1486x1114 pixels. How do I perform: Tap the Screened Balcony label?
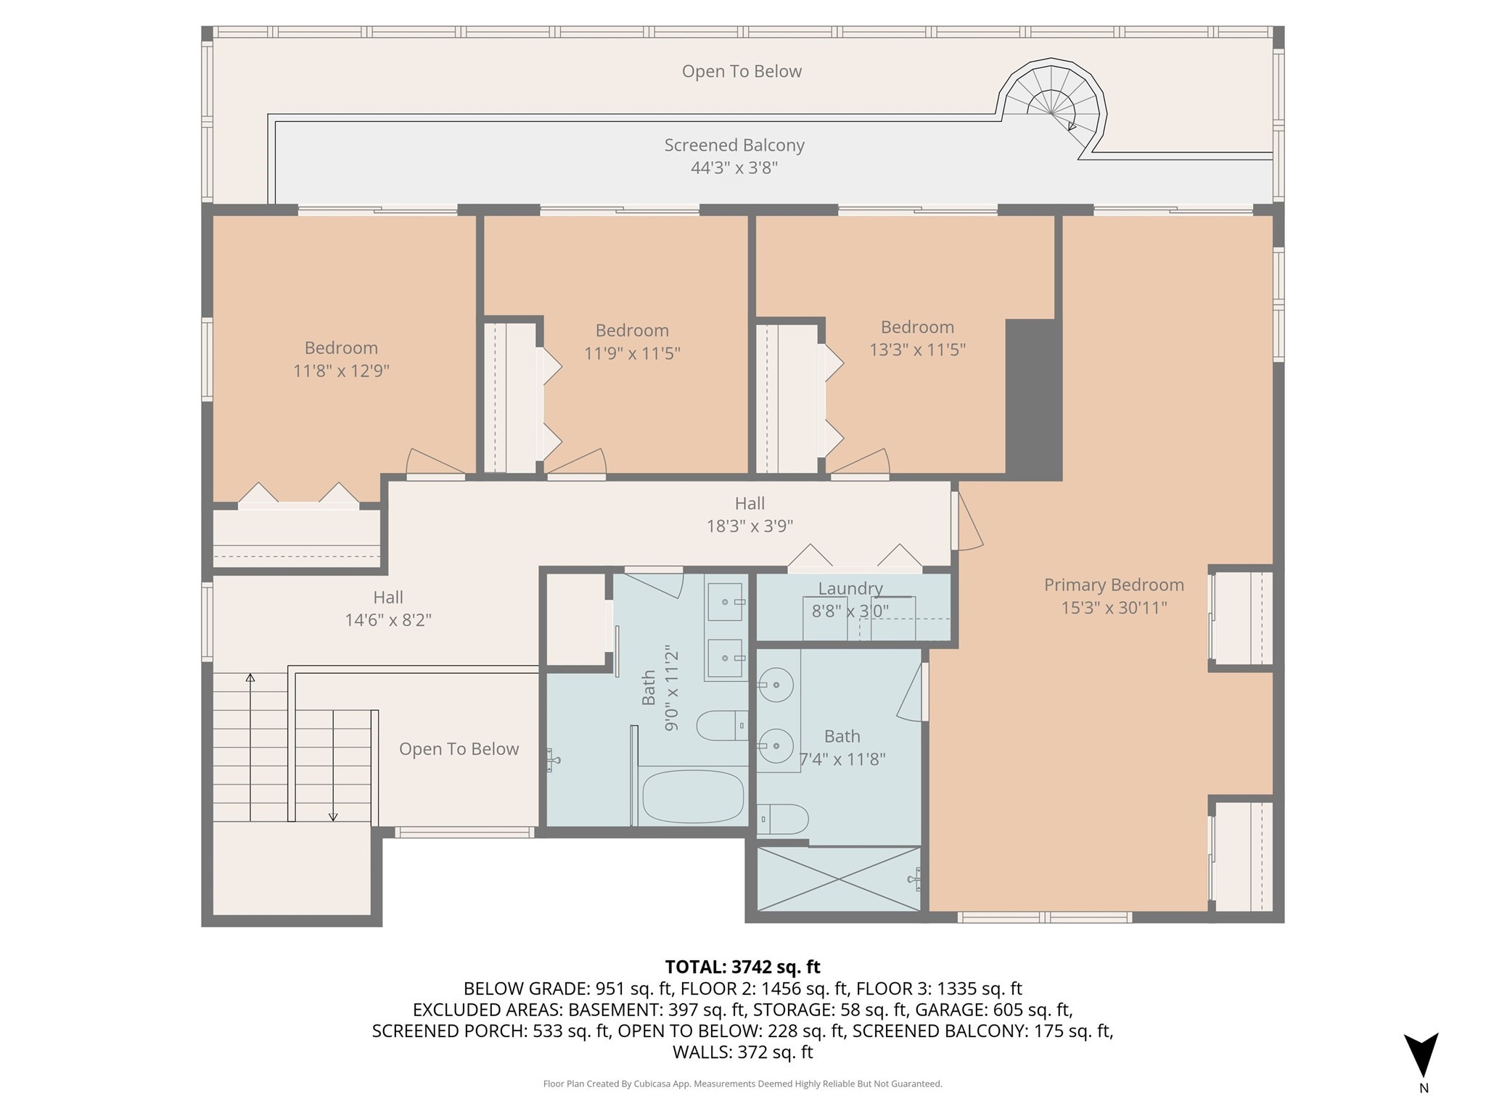click(734, 145)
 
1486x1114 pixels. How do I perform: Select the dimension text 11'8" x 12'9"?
click(341, 371)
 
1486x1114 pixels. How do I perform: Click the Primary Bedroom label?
click(1114, 585)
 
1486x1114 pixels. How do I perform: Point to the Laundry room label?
click(850, 588)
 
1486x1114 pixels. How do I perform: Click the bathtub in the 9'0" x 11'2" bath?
click(693, 796)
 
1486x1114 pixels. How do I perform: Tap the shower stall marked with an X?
click(838, 878)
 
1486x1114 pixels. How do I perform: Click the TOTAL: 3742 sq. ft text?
click(742, 967)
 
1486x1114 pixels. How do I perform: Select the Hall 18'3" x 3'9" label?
click(750, 514)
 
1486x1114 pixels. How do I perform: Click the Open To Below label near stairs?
click(459, 749)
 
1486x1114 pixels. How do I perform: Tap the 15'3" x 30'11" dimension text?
click(1114, 608)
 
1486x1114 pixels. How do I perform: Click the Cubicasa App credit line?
click(742, 1084)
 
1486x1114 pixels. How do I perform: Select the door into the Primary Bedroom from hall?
click(966, 522)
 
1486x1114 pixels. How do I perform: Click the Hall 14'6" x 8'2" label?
click(388, 608)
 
